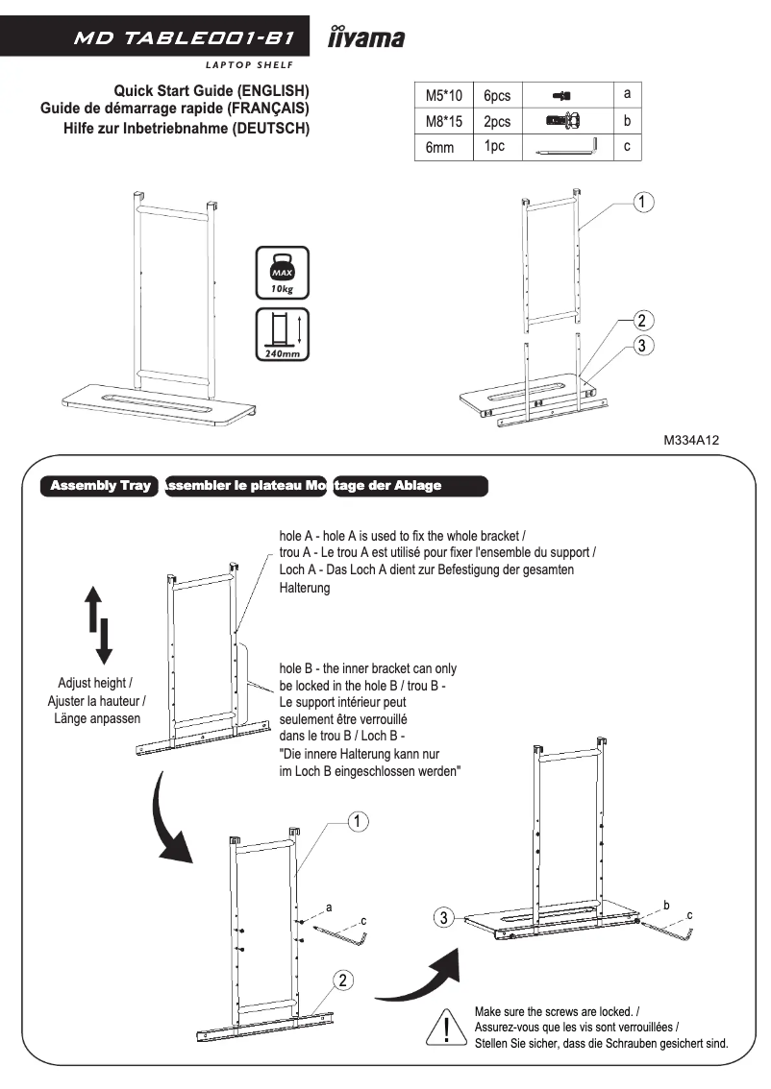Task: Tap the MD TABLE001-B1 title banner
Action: (x=159, y=38)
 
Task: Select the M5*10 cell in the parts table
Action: (x=443, y=96)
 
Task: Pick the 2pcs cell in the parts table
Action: (x=497, y=122)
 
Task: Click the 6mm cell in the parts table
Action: (x=439, y=148)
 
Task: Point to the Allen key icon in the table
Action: (x=566, y=147)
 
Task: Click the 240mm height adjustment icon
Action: (x=282, y=334)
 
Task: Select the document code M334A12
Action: (x=691, y=440)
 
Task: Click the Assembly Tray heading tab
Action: (x=100, y=485)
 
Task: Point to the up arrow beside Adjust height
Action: (x=93, y=610)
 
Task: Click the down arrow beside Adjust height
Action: (x=105, y=641)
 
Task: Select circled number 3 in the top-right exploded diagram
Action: (x=644, y=346)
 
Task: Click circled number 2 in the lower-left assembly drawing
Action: (x=343, y=980)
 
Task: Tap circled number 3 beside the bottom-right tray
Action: (x=443, y=918)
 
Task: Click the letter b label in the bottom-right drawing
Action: (x=666, y=905)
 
